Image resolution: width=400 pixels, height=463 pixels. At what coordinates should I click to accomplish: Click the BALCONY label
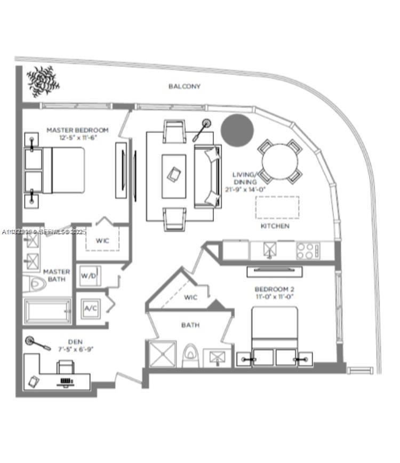(x=185, y=86)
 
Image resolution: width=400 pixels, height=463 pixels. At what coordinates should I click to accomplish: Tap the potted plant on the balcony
(x=43, y=80)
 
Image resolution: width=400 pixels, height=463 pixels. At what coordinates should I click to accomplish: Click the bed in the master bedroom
(x=55, y=170)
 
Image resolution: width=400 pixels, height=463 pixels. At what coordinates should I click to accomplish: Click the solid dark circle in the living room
(x=237, y=129)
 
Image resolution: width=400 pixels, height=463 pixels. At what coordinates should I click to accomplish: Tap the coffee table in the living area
(x=174, y=169)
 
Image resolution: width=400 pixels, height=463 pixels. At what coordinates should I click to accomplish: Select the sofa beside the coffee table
(x=208, y=176)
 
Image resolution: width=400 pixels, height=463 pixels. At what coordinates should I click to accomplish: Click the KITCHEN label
(x=275, y=226)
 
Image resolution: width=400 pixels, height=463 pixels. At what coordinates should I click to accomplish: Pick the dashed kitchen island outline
(x=277, y=207)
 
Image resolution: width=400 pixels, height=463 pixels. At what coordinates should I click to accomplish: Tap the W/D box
(x=87, y=276)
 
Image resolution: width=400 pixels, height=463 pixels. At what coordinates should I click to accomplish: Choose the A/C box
(x=89, y=308)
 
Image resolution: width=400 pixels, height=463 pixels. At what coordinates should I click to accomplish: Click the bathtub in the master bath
(x=47, y=311)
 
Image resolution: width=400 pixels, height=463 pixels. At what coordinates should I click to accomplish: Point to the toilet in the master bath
(x=35, y=284)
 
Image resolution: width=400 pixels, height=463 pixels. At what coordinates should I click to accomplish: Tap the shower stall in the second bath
(x=162, y=354)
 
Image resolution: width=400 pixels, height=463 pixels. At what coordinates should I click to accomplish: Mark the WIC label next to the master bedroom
(x=102, y=241)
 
